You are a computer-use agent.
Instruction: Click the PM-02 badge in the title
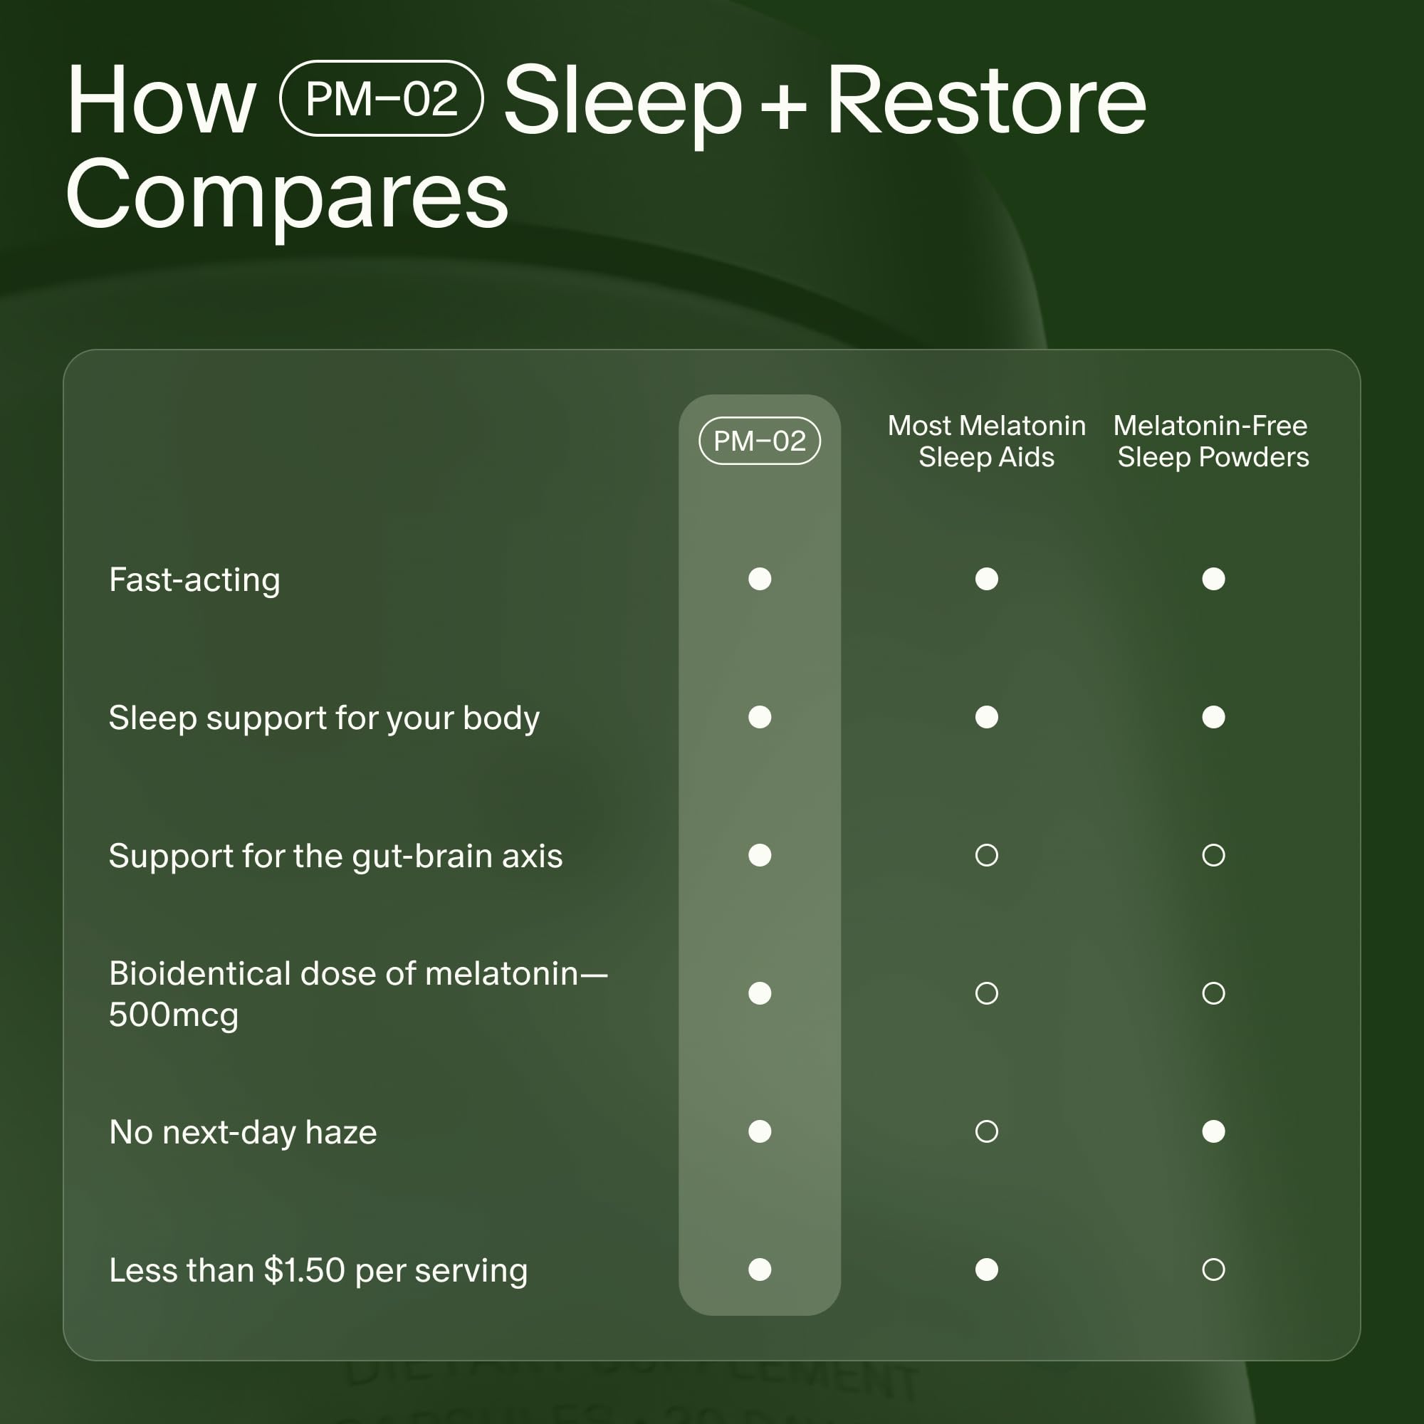coord(381,99)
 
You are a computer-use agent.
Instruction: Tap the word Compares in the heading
coord(287,195)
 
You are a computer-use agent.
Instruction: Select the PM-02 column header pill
coord(759,441)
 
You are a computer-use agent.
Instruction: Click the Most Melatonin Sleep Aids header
coord(986,441)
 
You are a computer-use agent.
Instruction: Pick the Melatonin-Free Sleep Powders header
coord(1213,441)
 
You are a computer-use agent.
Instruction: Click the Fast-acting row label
coord(194,580)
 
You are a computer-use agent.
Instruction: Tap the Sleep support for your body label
coord(323,718)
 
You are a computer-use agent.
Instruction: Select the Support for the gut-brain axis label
coord(335,856)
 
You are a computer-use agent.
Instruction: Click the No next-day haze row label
coord(243,1132)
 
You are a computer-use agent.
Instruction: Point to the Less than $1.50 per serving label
coord(318,1270)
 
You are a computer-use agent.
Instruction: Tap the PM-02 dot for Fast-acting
coord(759,579)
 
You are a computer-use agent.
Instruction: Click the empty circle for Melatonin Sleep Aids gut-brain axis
coord(986,855)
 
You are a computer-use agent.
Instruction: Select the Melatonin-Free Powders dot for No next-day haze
coord(1213,1131)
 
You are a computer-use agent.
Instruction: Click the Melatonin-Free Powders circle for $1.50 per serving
coord(1213,1269)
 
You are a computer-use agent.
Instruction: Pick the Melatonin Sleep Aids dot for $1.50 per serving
coord(986,1269)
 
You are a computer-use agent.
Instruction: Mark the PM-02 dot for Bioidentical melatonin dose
coord(759,993)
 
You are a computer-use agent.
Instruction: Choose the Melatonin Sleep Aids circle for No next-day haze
coord(986,1131)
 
